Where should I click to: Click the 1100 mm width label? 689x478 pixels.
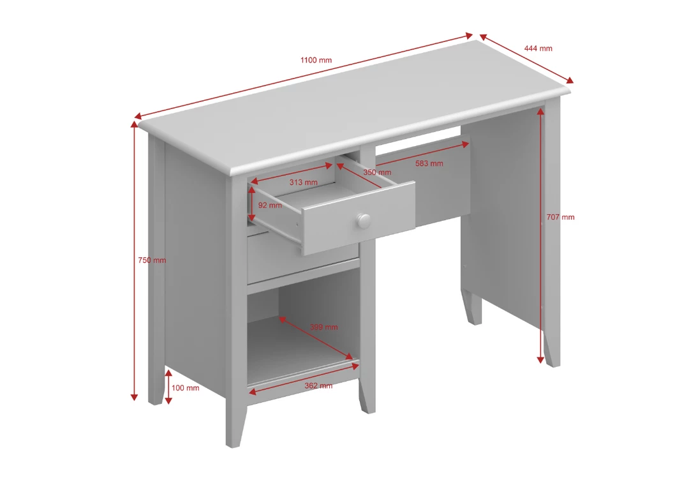(316, 60)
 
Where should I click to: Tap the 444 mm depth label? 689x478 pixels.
(538, 49)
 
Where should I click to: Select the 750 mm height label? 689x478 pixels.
(152, 260)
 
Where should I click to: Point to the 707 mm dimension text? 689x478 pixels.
(560, 217)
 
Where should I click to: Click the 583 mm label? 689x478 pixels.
(429, 163)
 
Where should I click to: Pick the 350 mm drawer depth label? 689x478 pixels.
(377, 172)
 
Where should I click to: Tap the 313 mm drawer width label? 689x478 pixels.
(303, 183)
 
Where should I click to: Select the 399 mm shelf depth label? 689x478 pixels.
(323, 327)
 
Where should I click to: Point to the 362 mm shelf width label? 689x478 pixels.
(318, 385)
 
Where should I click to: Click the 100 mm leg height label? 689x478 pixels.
(186, 387)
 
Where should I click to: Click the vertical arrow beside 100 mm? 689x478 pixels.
(168, 387)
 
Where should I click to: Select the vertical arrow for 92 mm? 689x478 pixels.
(253, 204)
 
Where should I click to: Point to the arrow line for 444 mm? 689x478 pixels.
(526, 59)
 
